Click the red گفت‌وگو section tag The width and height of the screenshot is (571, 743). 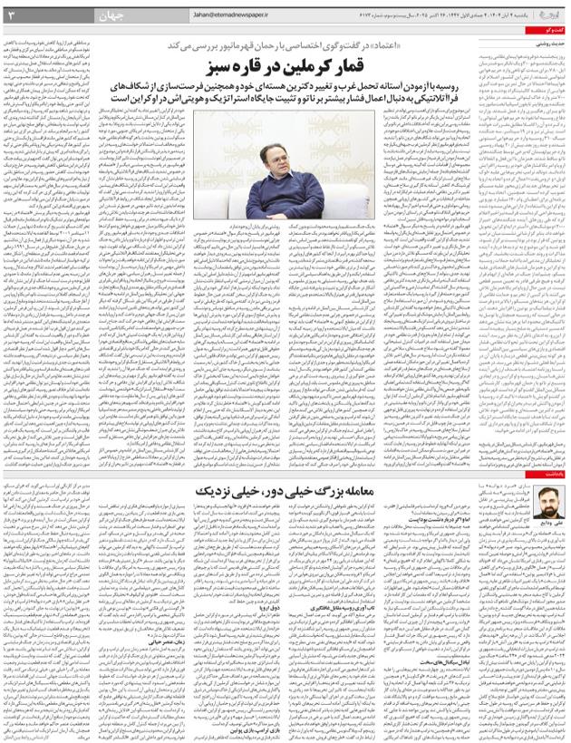(x=550, y=31)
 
